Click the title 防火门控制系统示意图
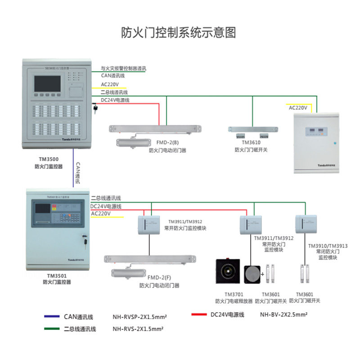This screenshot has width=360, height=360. click(x=179, y=32)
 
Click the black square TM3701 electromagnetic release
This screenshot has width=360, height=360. click(x=229, y=271)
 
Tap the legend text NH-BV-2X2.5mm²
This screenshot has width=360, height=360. click(x=283, y=315)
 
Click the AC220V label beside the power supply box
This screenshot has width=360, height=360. click(x=298, y=108)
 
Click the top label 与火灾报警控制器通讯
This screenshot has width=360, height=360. click(x=123, y=69)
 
